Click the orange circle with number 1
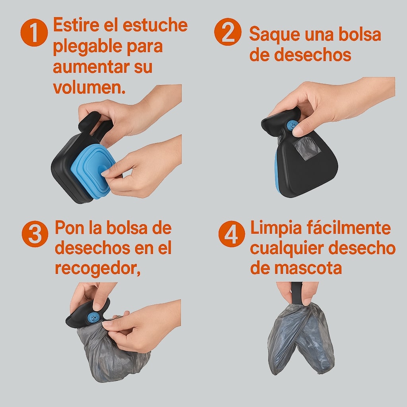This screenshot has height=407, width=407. tap(34, 33)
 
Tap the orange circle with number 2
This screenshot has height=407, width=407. tap(228, 32)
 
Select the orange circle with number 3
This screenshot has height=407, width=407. tap(35, 234)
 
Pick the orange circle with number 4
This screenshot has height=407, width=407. tap(232, 234)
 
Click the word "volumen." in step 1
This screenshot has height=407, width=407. tap(89, 87)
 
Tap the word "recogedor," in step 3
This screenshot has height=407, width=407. tap(98, 268)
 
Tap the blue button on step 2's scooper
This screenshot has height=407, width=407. tap(292, 126)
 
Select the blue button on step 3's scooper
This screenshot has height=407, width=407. tap(92, 318)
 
